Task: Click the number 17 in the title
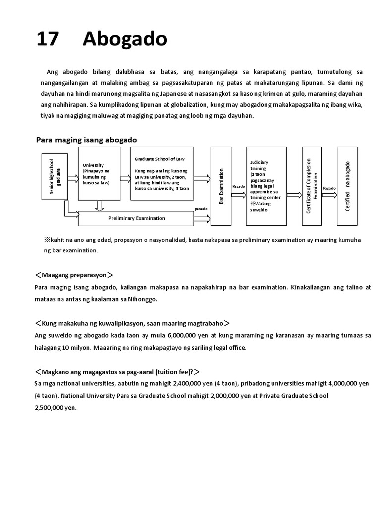pos(48,39)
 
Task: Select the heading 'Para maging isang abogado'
pos(87,140)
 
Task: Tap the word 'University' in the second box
pos(93,165)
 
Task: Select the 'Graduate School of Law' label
pos(159,159)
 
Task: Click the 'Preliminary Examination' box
pos(136,218)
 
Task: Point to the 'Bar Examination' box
pos(221,186)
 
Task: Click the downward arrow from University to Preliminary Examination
pos(100,205)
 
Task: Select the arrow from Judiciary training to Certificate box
pos(293,196)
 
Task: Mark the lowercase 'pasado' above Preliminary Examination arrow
pos(201,209)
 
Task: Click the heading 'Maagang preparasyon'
pos(74,274)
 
